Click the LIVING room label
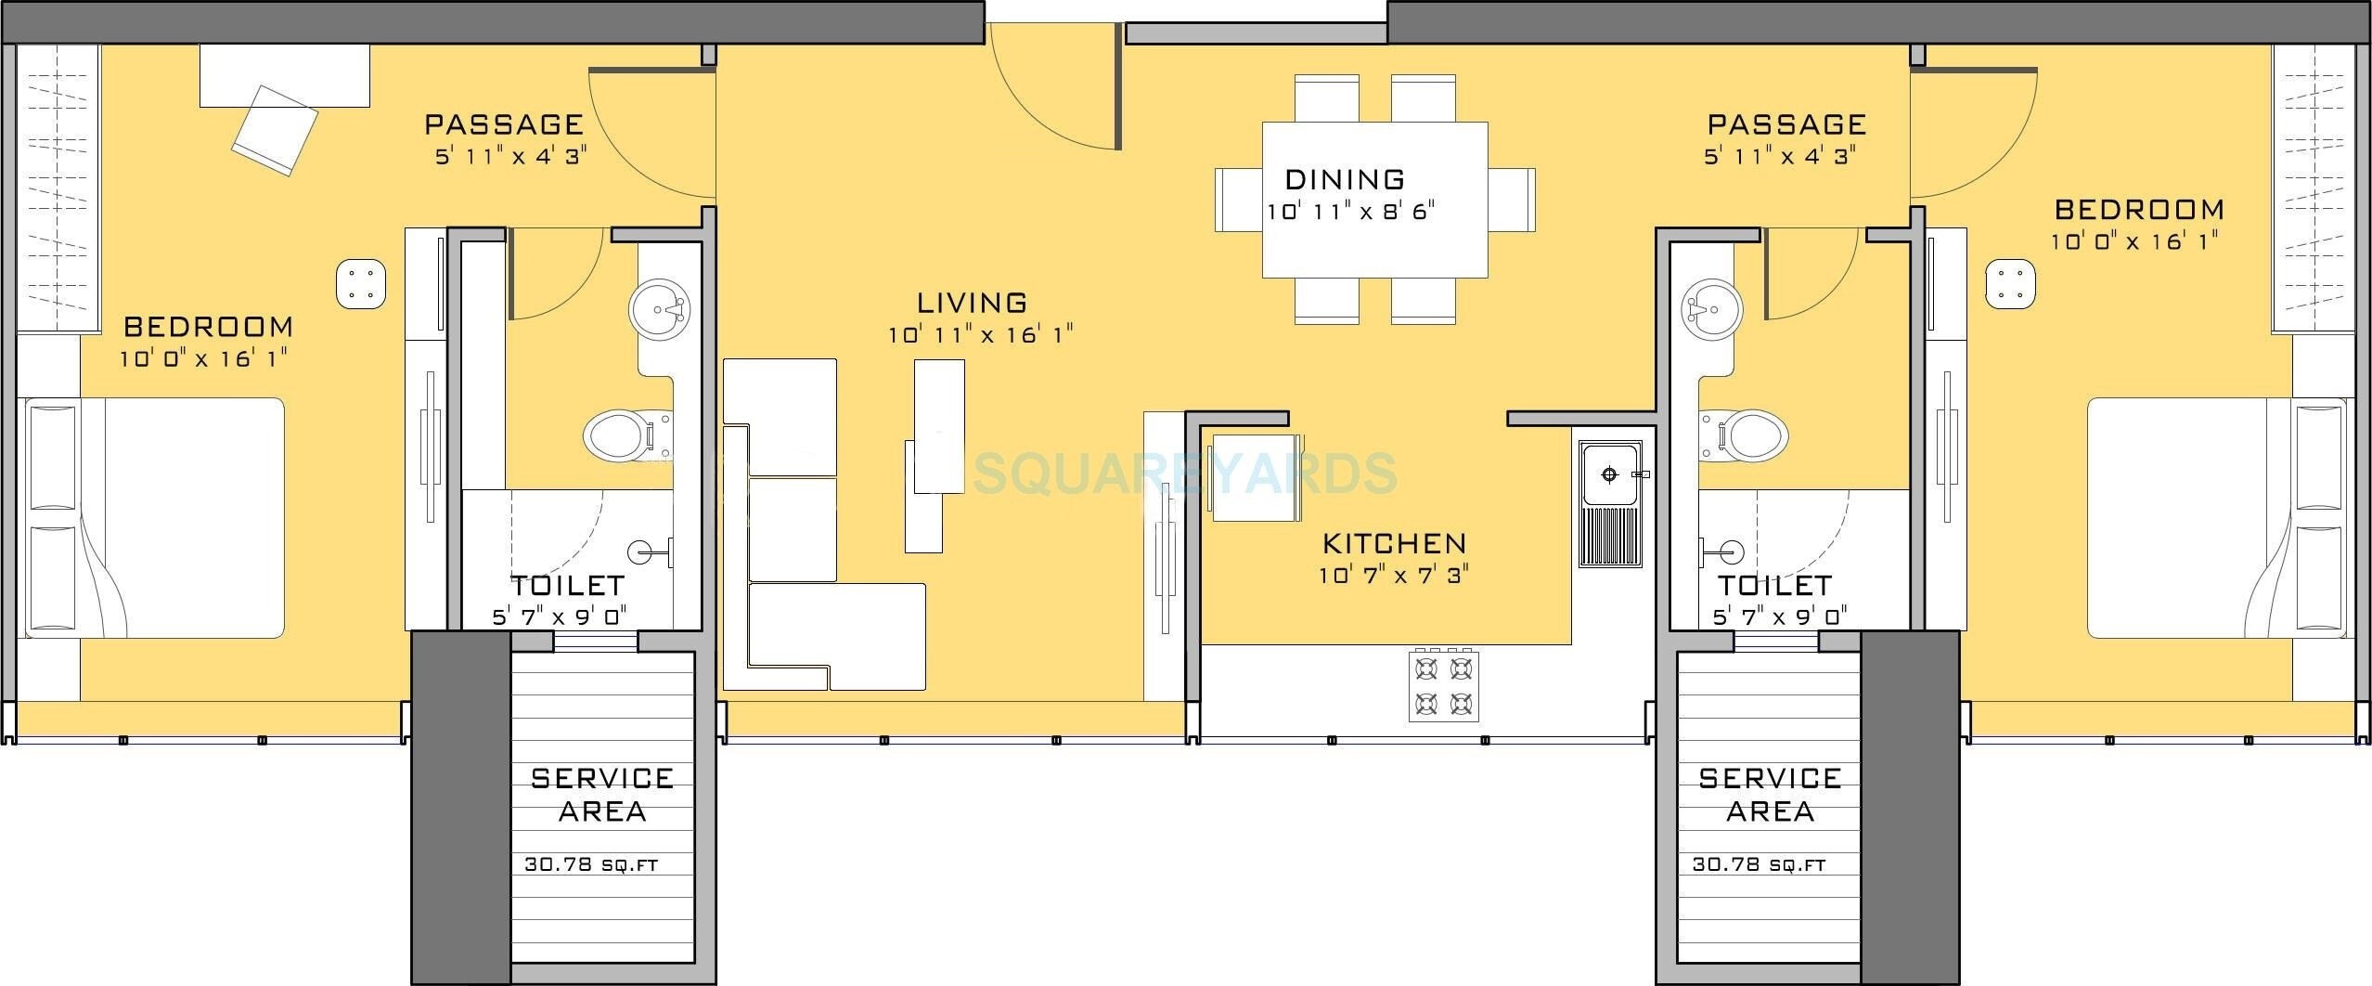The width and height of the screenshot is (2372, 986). [972, 303]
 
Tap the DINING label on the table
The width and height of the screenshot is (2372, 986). [1345, 178]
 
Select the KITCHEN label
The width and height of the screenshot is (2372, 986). [1394, 543]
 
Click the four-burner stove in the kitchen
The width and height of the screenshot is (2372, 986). [1444, 686]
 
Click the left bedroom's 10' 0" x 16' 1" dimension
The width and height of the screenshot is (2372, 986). [209, 358]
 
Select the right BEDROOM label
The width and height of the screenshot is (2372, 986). [2138, 210]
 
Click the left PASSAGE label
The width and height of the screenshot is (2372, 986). [504, 123]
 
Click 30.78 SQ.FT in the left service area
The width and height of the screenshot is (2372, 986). [591, 864]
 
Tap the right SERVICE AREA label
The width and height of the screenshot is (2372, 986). [1770, 794]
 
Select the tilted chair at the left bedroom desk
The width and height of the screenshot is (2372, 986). [275, 130]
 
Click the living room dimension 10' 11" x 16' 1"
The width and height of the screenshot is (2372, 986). [981, 335]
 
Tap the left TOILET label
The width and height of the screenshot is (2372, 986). [567, 586]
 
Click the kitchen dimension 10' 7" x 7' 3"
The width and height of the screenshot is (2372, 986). [1394, 576]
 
